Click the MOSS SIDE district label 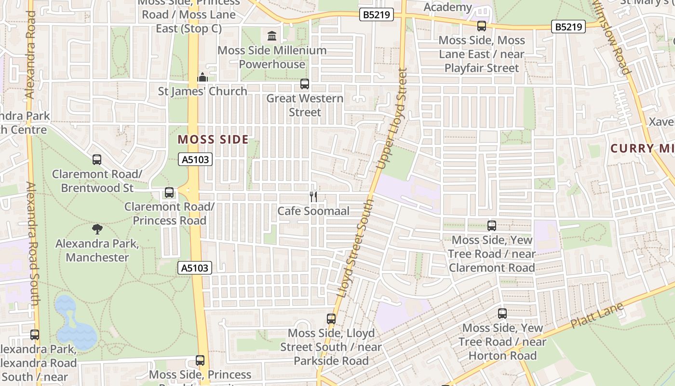pyautogui.click(x=213, y=140)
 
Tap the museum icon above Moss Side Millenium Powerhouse pyautogui.click(x=272, y=36)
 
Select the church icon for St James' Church pyautogui.click(x=202, y=77)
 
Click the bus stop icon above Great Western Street pyautogui.click(x=305, y=84)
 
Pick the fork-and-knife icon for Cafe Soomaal pyautogui.click(x=313, y=196)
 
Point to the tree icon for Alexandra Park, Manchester pyautogui.click(x=97, y=229)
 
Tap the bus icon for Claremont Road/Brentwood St pyautogui.click(x=97, y=160)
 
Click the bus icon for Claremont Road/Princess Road pyautogui.click(x=169, y=193)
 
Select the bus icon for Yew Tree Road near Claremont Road pyautogui.click(x=492, y=225)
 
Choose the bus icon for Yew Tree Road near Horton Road pyautogui.click(x=502, y=314)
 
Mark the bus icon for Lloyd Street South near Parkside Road pyautogui.click(x=331, y=319)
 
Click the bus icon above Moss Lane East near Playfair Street pyautogui.click(x=482, y=26)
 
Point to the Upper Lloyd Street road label pyautogui.click(x=391, y=119)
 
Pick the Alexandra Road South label pyautogui.click(x=32, y=244)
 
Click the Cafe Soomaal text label pyautogui.click(x=313, y=211)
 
